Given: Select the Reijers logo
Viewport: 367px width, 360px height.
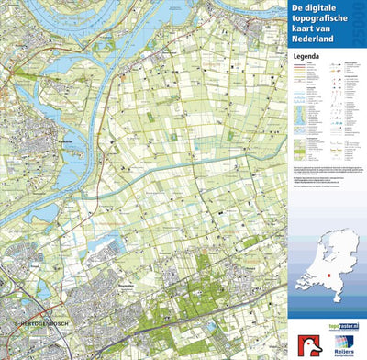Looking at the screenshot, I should coord(341,345).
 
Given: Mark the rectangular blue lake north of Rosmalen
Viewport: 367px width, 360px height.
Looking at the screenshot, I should coord(114,245).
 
